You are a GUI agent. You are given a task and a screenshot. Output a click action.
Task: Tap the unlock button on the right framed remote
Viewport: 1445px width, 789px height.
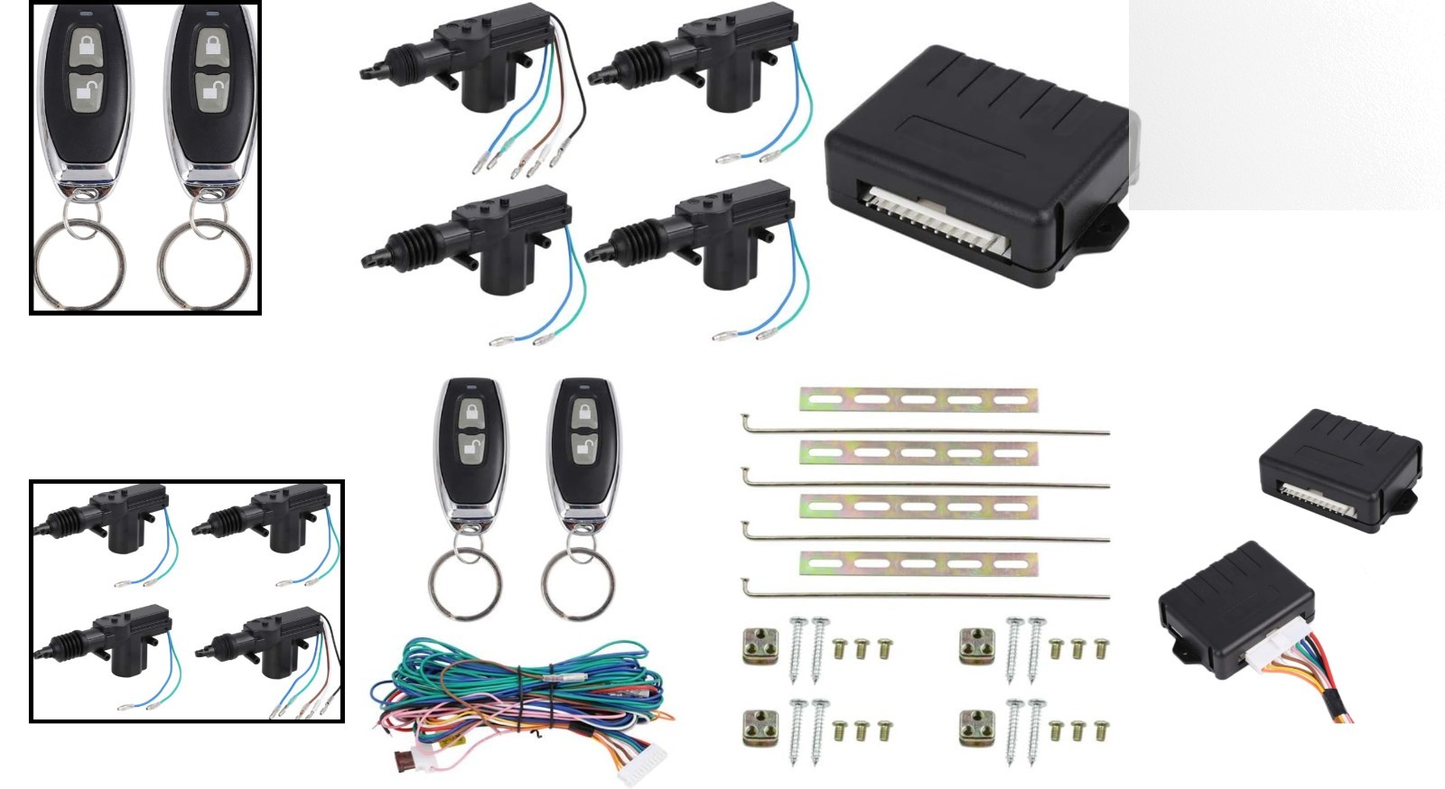(210, 90)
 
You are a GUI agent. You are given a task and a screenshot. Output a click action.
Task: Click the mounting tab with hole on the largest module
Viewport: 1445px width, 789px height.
(1106, 222)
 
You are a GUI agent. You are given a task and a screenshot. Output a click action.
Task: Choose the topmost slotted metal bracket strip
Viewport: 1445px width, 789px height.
(918, 399)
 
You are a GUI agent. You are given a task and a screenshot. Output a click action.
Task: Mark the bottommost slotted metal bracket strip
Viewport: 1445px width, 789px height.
(918, 565)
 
